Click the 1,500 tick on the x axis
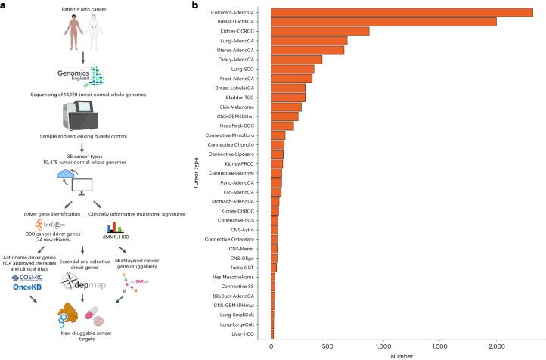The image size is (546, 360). (383, 345)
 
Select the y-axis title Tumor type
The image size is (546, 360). (196, 172)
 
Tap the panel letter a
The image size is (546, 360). (4, 5)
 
